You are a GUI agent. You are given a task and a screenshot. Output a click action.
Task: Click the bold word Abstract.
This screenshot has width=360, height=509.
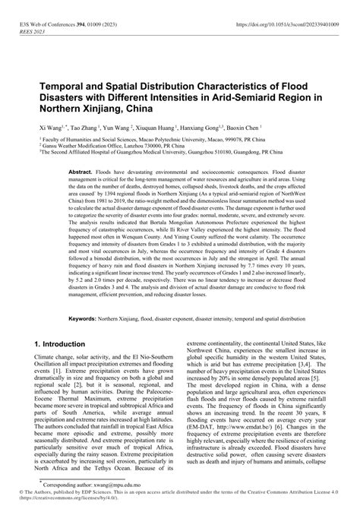[81, 173]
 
